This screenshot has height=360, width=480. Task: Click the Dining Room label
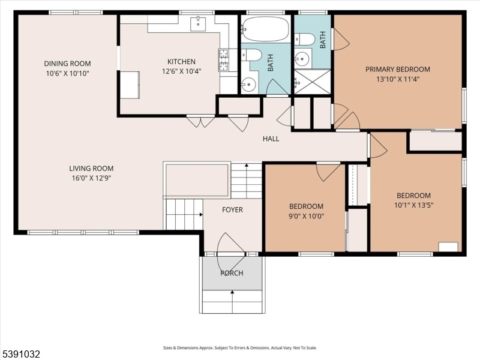pyautogui.click(x=67, y=64)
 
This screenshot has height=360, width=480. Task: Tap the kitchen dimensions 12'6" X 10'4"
pyautogui.click(x=182, y=71)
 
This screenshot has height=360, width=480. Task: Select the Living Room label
pyautogui.click(x=91, y=169)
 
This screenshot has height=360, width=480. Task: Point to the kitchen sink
pyautogui.click(x=198, y=24)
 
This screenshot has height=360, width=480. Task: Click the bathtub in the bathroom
pyautogui.click(x=265, y=29)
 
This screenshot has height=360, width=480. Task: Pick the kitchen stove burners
pyautogui.click(x=223, y=60)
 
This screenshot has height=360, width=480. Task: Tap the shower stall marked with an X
pyautogui.click(x=312, y=82)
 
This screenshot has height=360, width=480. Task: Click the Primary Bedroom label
pyautogui.click(x=398, y=69)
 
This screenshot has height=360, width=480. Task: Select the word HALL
pyautogui.click(x=271, y=139)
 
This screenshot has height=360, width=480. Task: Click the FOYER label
pyautogui.click(x=232, y=209)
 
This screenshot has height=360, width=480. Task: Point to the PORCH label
pyautogui.click(x=232, y=273)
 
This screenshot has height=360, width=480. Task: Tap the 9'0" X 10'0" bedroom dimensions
pyautogui.click(x=306, y=216)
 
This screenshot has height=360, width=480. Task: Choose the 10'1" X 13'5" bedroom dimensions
pyautogui.click(x=413, y=205)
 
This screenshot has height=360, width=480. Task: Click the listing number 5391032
pyautogui.click(x=20, y=354)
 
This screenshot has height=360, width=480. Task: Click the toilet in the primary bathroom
pyautogui.click(x=305, y=39)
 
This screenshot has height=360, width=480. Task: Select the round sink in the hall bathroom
pyautogui.click(x=248, y=83)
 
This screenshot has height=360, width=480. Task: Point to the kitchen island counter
pyautogui.click(x=130, y=85)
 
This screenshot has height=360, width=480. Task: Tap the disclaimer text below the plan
pyautogui.click(x=240, y=348)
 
